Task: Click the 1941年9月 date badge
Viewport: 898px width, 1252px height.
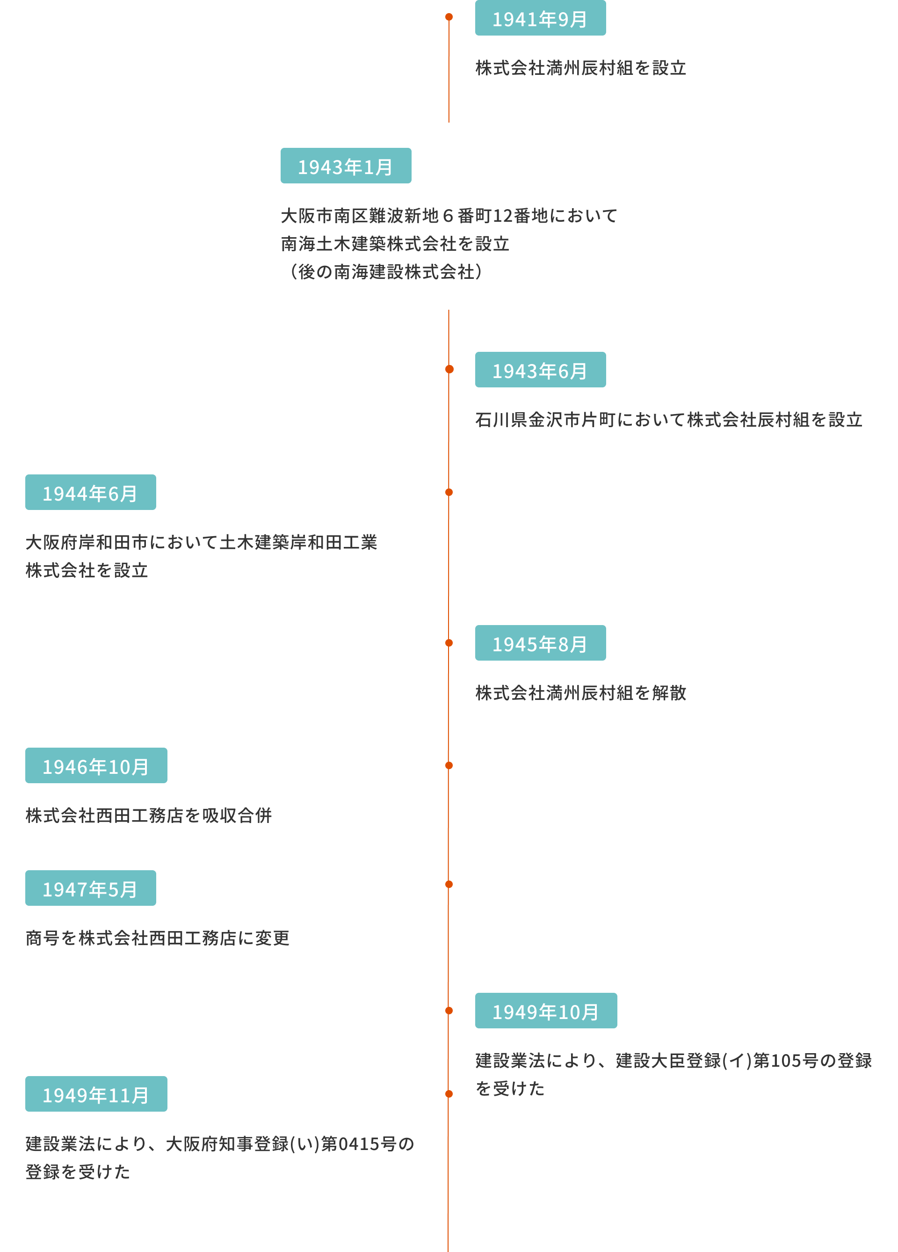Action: pyautogui.click(x=540, y=18)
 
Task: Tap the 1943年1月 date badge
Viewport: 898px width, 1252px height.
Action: pyautogui.click(x=346, y=166)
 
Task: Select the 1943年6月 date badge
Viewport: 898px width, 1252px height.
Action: pyautogui.click(x=540, y=370)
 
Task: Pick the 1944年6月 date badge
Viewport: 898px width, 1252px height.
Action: pyautogui.click(x=91, y=492)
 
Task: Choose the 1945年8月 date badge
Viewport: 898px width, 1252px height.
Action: pyautogui.click(x=540, y=643)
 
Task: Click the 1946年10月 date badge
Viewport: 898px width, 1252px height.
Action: pyautogui.click(x=96, y=766)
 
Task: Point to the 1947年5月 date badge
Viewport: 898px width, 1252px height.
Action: pyautogui.click(x=91, y=888)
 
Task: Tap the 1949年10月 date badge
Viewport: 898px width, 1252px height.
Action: pyautogui.click(x=545, y=1011)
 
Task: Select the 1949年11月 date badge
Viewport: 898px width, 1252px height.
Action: pyautogui.click(x=96, y=1094)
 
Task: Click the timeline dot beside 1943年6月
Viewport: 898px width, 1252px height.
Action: pyautogui.click(x=449, y=369)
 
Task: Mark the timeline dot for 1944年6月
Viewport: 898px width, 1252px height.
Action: pyautogui.click(x=449, y=492)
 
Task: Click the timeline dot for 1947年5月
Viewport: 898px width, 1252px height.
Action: pyautogui.click(x=449, y=884)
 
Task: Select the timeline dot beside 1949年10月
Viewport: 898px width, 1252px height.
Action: pyautogui.click(x=449, y=1011)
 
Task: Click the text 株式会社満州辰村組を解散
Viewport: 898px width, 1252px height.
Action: pyautogui.click(x=580, y=693)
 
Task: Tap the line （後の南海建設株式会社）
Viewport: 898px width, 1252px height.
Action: pyautogui.click(x=386, y=272)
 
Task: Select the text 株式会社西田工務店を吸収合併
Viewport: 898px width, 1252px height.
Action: pyautogui.click(x=148, y=815)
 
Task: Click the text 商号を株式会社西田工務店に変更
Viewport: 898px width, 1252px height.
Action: pyautogui.click(x=157, y=938)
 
